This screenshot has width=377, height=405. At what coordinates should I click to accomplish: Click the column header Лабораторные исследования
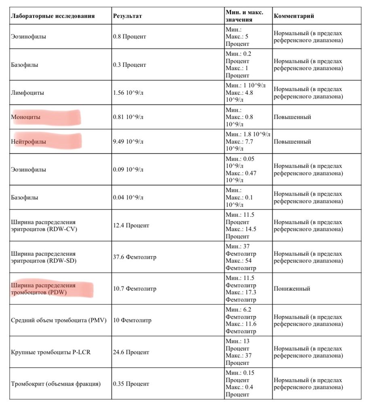53,16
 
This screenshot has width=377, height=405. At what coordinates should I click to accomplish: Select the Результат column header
127,16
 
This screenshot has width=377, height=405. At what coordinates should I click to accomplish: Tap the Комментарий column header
294,16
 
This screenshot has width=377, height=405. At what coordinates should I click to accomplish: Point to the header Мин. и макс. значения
244,16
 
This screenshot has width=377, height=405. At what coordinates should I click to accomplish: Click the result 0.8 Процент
129,36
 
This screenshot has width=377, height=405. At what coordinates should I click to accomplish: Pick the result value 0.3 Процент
129,65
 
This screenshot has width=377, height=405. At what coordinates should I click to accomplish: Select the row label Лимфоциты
28,93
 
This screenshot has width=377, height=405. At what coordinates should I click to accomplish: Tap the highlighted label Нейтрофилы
28,142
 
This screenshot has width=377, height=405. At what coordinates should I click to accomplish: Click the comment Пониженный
292,289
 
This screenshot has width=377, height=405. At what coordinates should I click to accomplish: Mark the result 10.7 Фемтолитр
135,289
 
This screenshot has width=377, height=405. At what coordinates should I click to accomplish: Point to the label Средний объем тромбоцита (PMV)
59,320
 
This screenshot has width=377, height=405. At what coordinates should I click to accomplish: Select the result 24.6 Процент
131,352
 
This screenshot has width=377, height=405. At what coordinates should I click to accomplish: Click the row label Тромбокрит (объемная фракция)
55,384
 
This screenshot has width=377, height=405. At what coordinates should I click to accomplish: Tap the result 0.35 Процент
131,384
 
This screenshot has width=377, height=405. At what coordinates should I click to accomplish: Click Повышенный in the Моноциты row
292,117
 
